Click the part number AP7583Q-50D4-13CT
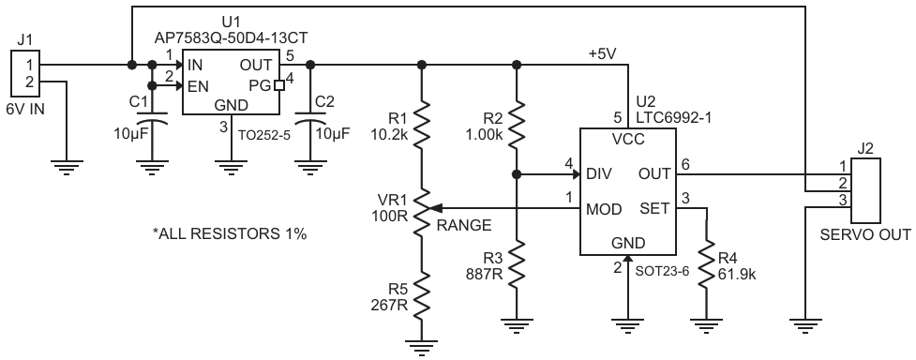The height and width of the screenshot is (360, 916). (x=231, y=38)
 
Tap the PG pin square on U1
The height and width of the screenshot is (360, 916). (x=278, y=85)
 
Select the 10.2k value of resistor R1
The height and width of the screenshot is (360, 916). (x=391, y=134)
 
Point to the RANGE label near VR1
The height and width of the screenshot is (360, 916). (x=464, y=226)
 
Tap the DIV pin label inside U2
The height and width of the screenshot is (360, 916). (x=598, y=174)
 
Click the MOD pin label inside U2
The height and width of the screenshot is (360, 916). (x=604, y=209)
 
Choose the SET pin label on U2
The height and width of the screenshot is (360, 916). (x=654, y=209)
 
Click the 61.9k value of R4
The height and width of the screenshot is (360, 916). (x=737, y=274)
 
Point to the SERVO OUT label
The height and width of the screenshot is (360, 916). (x=865, y=235)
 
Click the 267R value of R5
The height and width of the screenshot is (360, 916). (x=389, y=304)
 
